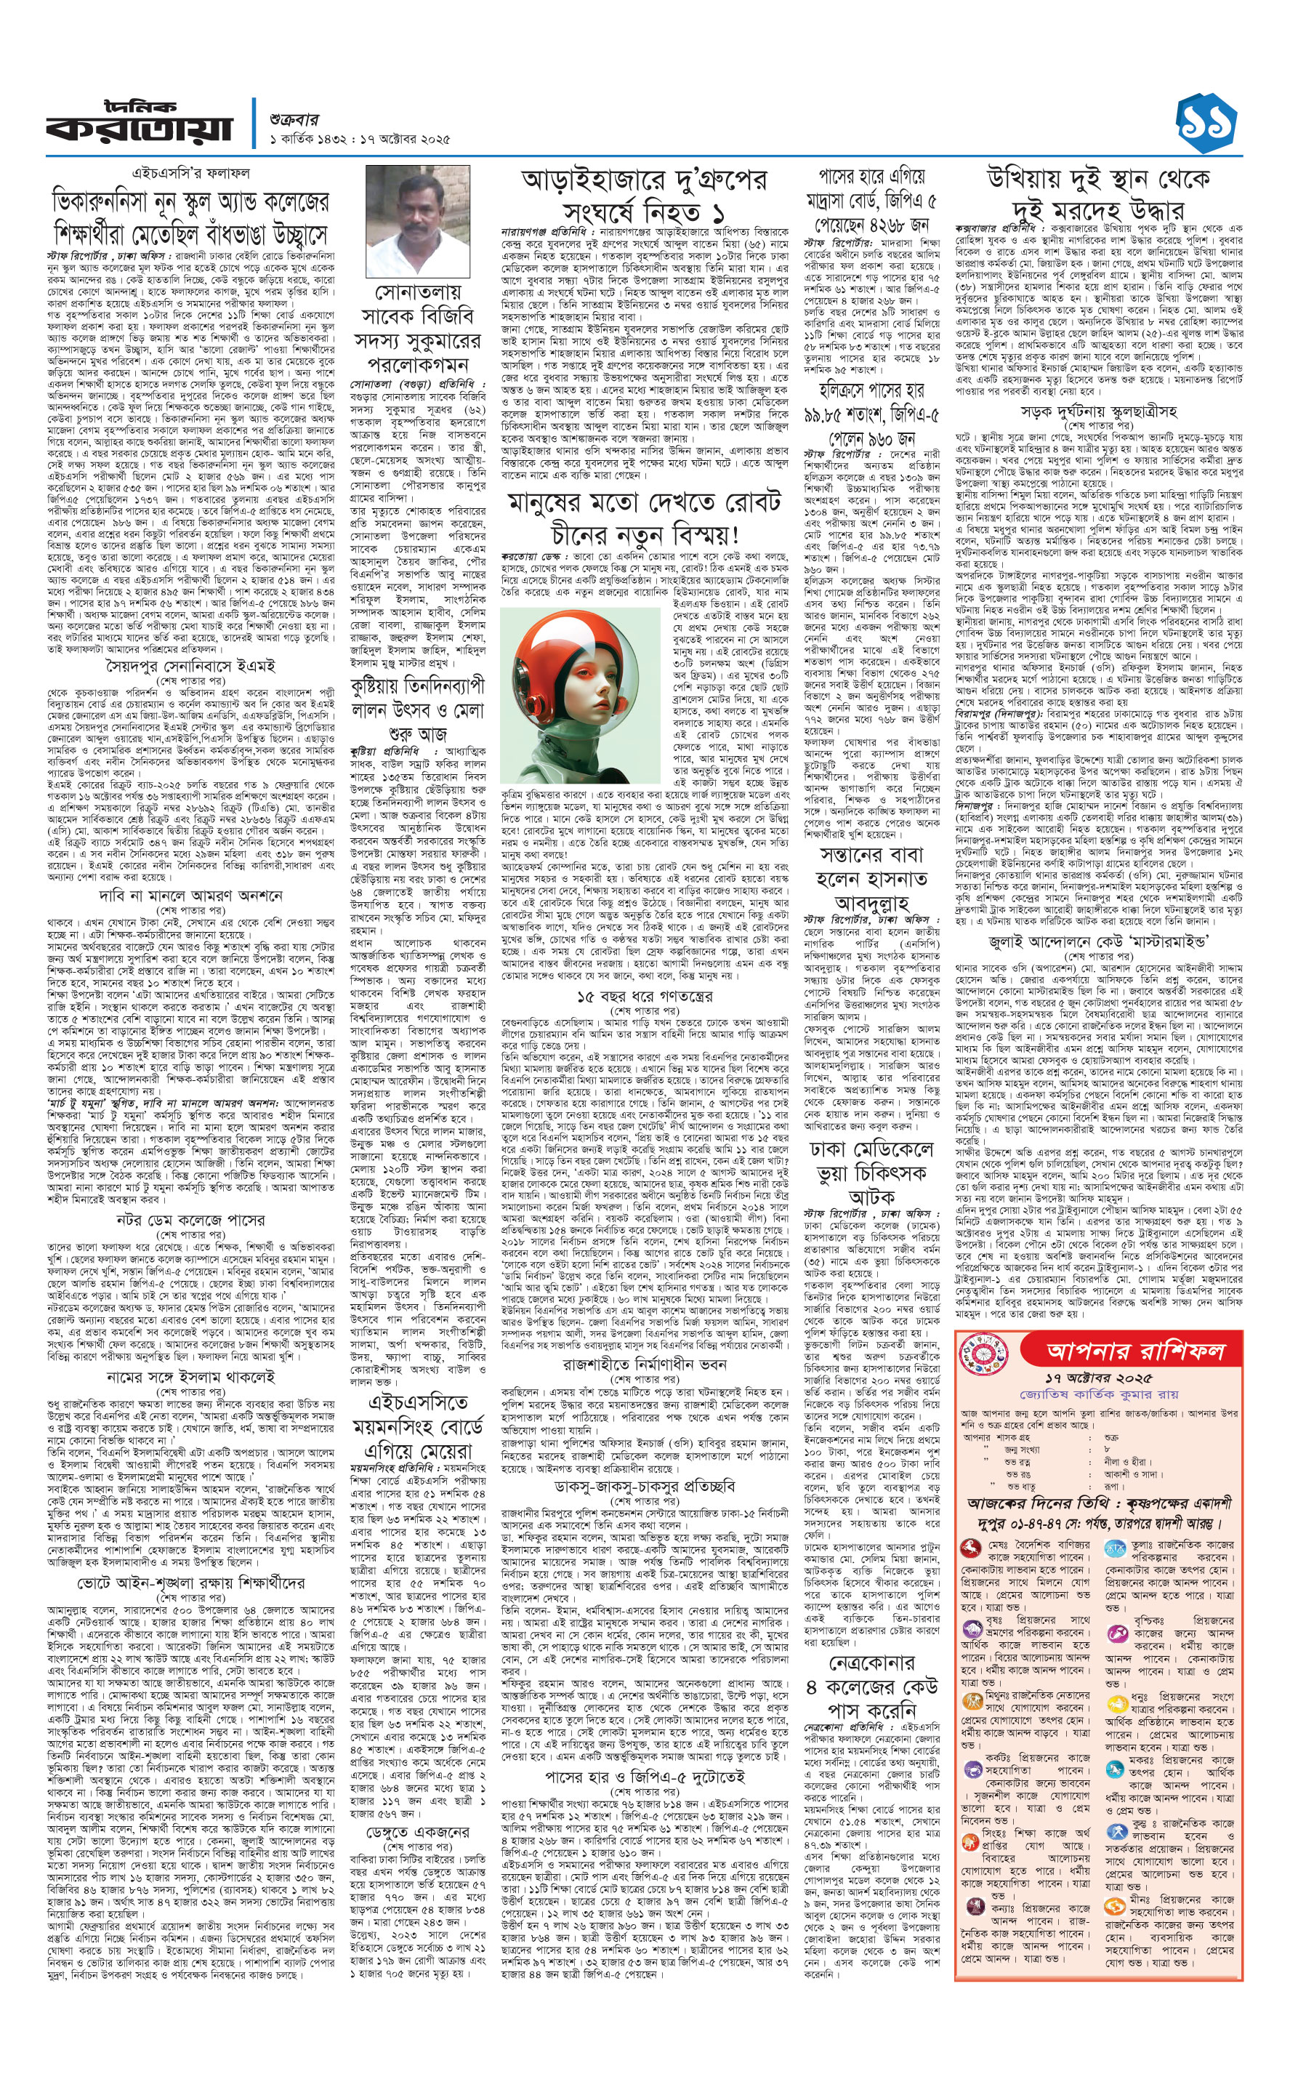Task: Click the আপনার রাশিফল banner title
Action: point(1134,1350)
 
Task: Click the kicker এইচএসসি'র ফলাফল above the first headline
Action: point(190,172)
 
